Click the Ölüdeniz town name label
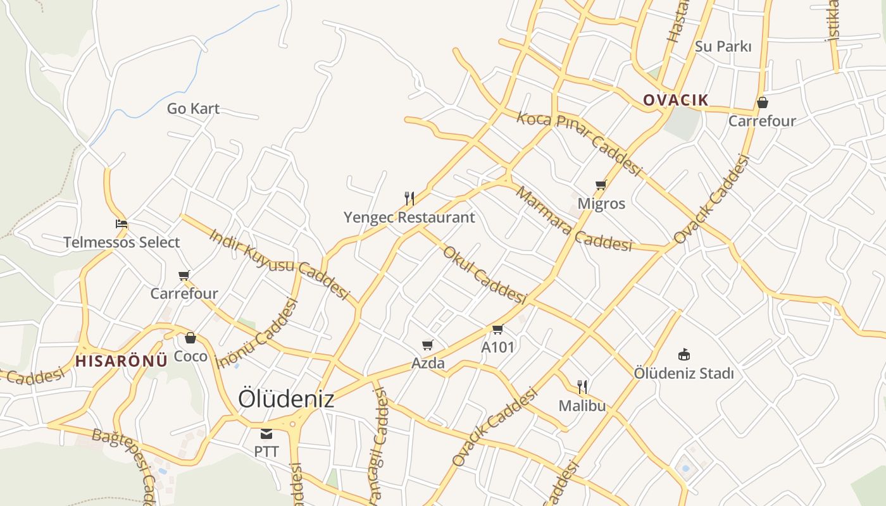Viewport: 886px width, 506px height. click(285, 399)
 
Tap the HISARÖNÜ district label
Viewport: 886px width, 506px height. click(122, 361)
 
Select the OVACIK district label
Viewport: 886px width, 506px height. click(675, 100)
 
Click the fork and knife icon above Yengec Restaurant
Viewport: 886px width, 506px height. click(409, 199)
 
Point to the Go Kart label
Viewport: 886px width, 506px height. click(193, 109)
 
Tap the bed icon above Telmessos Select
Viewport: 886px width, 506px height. click(122, 224)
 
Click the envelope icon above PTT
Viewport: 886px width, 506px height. click(266, 434)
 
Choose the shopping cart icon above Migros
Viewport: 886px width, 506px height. click(601, 185)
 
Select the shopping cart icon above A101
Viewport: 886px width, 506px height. click(497, 329)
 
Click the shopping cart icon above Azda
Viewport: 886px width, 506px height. click(428, 345)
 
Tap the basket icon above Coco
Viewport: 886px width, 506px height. click(190, 338)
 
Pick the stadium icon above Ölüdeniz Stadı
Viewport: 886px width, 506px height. click(683, 354)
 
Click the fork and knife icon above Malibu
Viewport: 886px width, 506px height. click(582, 386)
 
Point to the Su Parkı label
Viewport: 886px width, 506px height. click(723, 46)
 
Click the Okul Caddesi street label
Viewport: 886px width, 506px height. click(484, 275)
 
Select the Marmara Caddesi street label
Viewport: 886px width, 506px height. click(573, 220)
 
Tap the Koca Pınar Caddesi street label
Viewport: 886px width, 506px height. click(579, 144)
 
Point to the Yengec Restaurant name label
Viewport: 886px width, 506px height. click(409, 218)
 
